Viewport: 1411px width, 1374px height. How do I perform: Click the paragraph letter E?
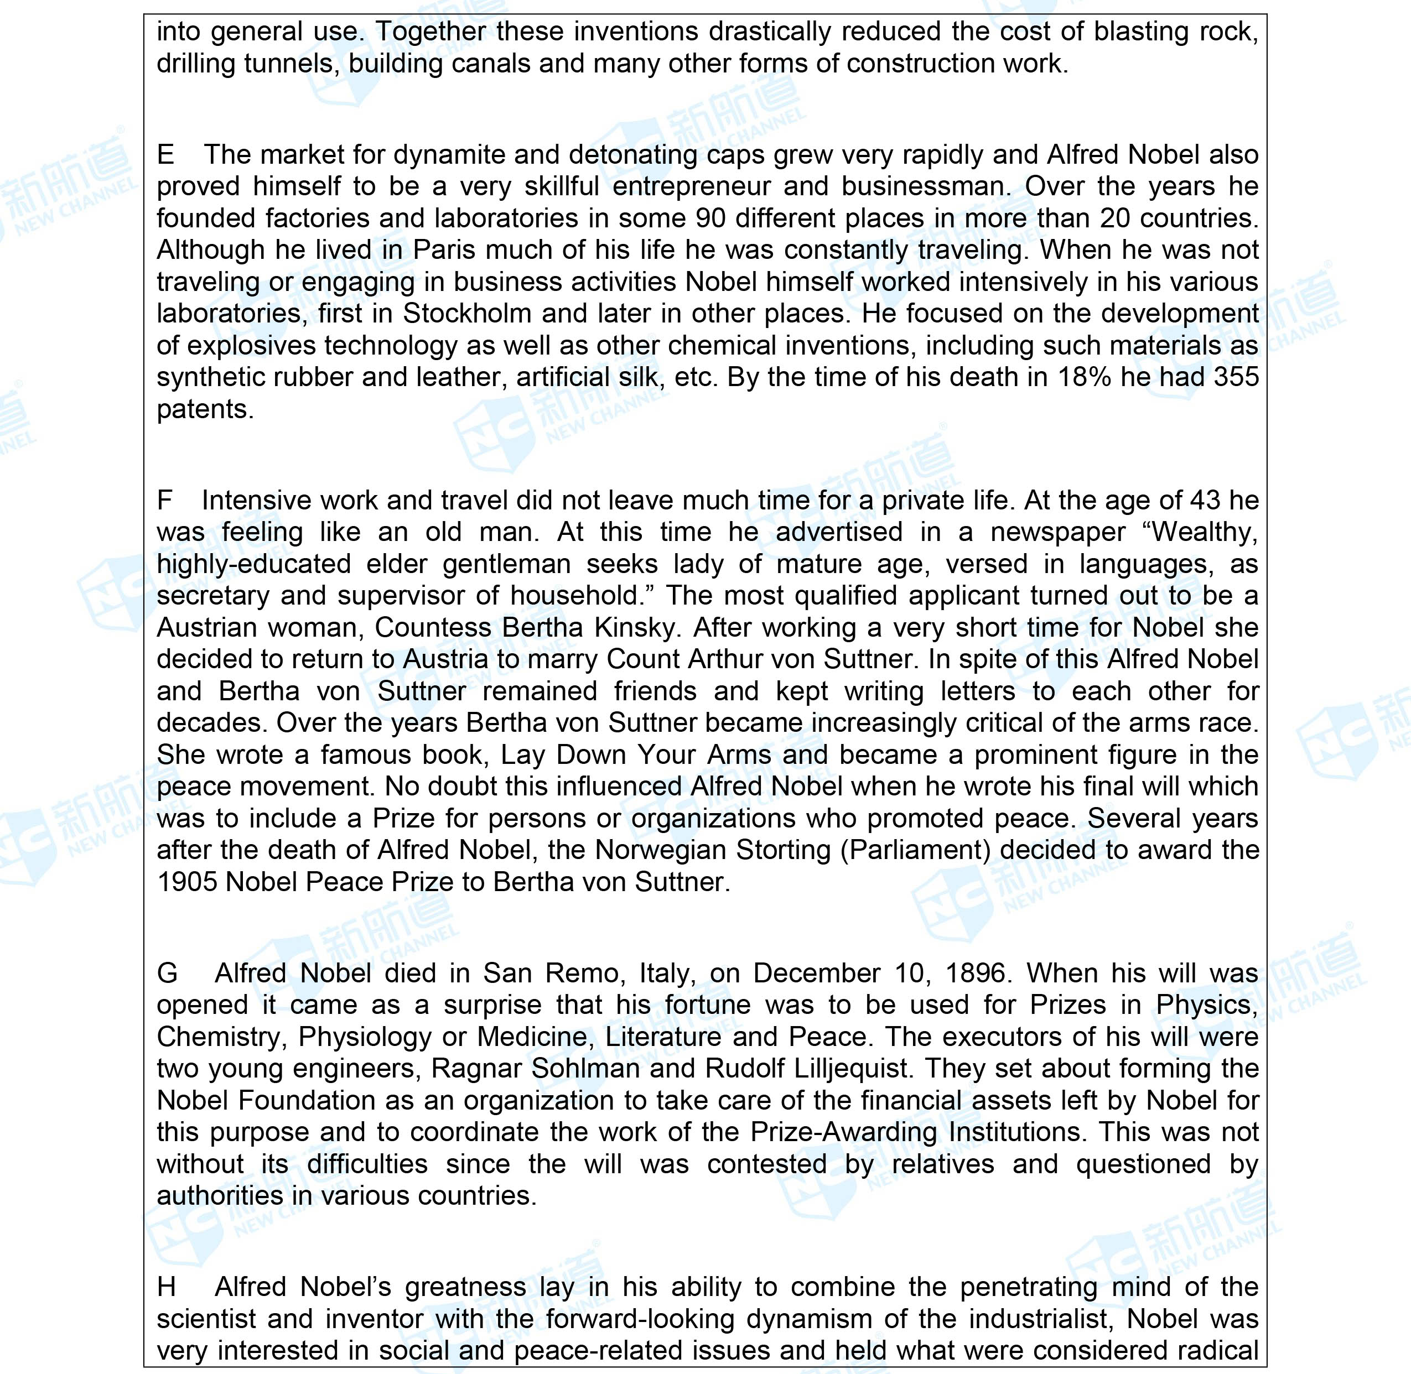pyautogui.click(x=165, y=155)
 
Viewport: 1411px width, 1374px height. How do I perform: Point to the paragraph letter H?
pyautogui.click(x=166, y=1287)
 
